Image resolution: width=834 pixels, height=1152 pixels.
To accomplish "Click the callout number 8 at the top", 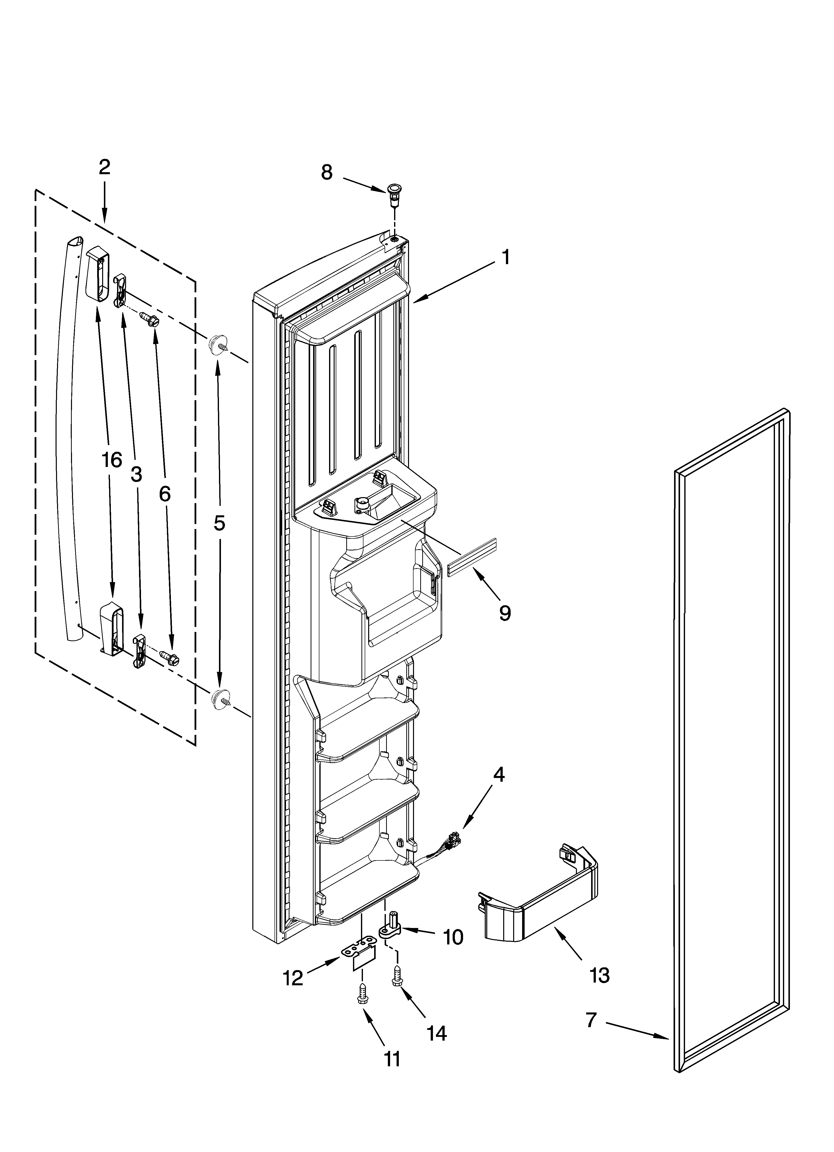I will [x=327, y=173].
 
